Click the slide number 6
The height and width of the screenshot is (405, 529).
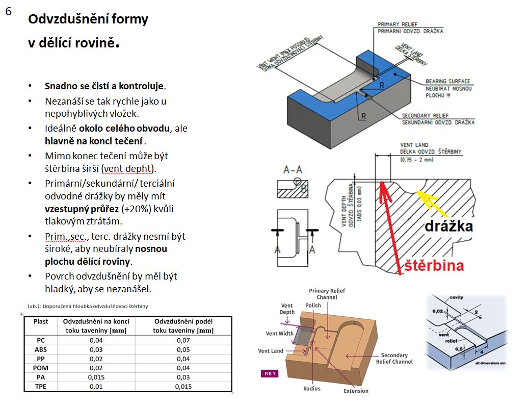click(x=9, y=12)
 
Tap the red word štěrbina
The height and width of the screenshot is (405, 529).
click(x=435, y=265)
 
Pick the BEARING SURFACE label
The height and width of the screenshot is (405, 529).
click(x=447, y=81)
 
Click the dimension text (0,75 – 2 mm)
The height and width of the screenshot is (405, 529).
click(x=414, y=160)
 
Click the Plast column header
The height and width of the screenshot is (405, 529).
click(x=41, y=321)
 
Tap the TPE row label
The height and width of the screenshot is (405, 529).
click(x=41, y=387)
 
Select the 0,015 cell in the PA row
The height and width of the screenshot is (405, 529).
click(x=96, y=377)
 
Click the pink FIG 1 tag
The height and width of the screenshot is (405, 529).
click(x=270, y=374)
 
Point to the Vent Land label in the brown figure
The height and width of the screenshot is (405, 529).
click(x=271, y=350)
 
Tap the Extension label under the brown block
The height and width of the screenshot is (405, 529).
click(x=356, y=391)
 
